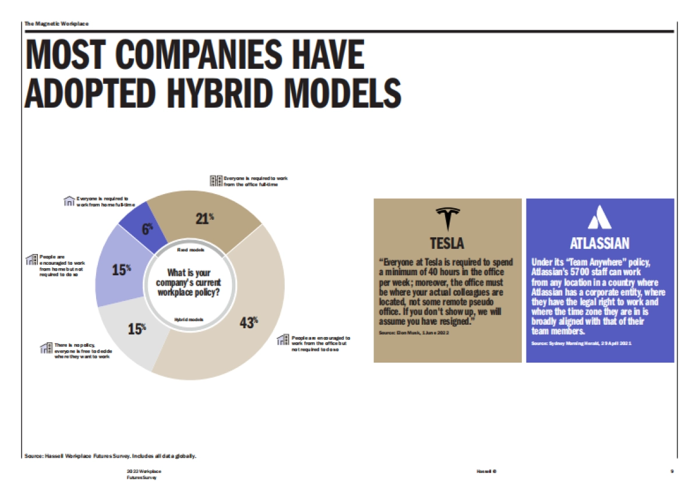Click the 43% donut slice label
click(248, 322)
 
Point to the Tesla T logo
click(447, 220)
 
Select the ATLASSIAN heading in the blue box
click(599, 243)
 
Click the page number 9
click(672, 471)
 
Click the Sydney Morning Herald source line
click(581, 344)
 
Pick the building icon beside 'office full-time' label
click(216, 181)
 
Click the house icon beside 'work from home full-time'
click(69, 202)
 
